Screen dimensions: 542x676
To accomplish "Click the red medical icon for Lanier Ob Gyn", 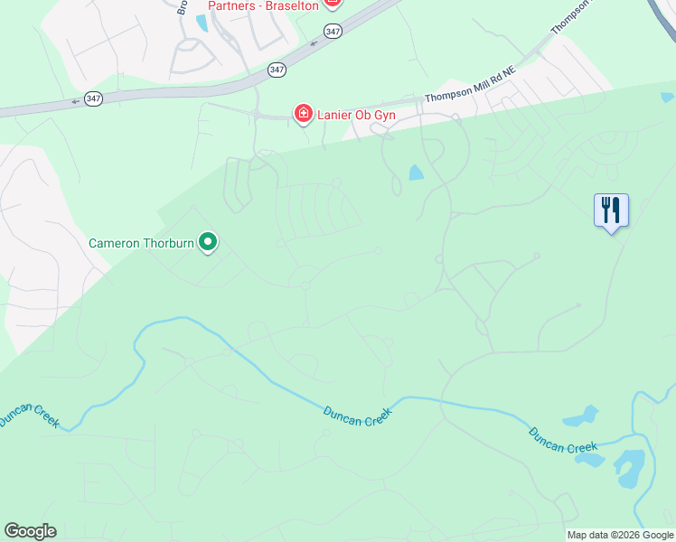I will pos(304,113).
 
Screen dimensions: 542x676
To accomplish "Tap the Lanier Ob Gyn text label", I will pos(357,114).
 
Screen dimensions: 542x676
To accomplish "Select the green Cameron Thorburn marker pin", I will pos(208,241).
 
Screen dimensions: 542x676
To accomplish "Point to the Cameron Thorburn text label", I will pos(142,243).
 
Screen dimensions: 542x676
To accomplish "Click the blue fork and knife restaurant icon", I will pos(611,210).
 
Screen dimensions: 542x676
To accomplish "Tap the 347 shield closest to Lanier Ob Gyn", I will pos(277,69).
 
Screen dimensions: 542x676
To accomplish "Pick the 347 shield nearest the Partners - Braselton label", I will pos(333,31).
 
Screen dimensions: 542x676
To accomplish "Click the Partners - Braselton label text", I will pos(264,6).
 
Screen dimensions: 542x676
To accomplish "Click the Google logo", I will pos(30,531).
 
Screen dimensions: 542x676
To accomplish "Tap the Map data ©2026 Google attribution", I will pos(620,535).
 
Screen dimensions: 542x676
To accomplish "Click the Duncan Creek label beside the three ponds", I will pos(563,441).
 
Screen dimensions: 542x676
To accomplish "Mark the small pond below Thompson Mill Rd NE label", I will pos(415,173).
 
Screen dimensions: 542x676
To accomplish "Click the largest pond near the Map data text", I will pos(628,464).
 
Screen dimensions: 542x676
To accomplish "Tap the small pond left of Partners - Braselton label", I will pos(201,23).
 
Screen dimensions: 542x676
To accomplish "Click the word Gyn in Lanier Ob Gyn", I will pos(384,114).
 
